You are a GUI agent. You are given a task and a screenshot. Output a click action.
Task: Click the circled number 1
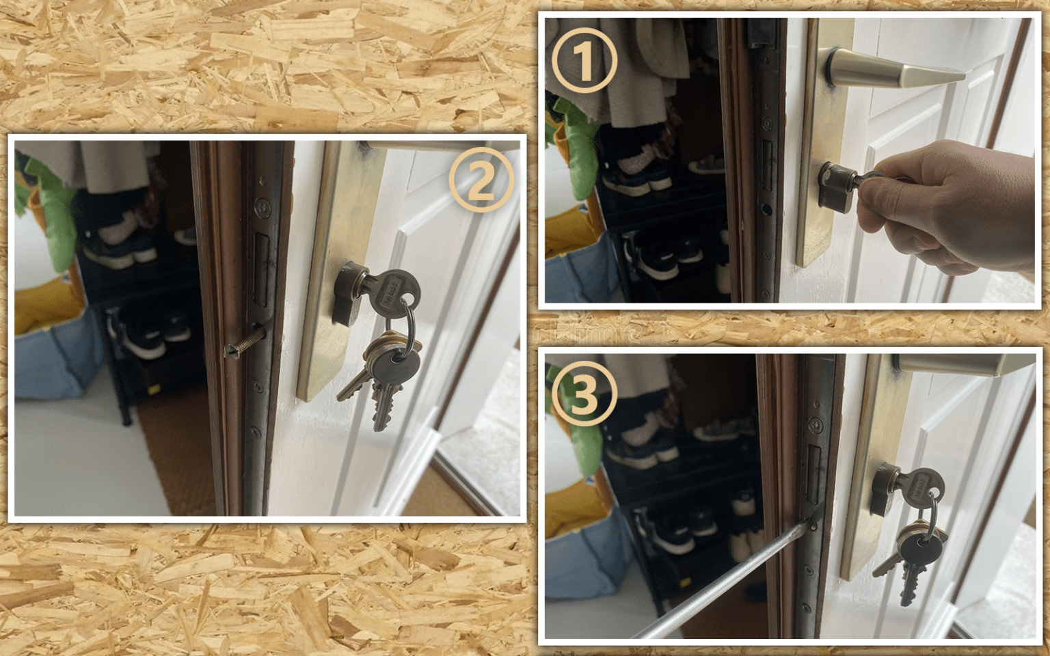(x=584, y=61)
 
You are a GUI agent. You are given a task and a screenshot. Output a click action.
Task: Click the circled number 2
(x=481, y=180)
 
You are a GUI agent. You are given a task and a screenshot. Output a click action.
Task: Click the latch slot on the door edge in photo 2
(x=261, y=270)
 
